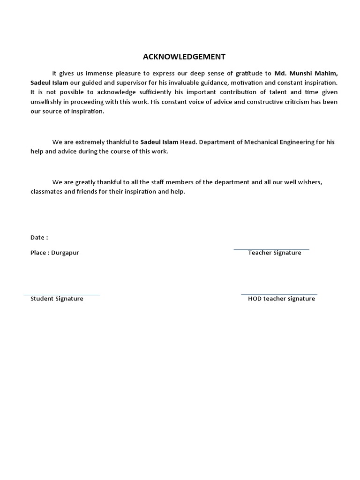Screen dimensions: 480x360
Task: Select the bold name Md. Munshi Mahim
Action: pyautogui.click(x=306, y=73)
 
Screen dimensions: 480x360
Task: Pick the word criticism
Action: pyautogui.click(x=295, y=102)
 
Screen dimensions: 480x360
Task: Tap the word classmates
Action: pyautogui.click(x=46, y=192)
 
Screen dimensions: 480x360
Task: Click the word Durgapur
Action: pyautogui.click(x=66, y=253)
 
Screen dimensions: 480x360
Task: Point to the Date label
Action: pyautogui.click(x=39, y=238)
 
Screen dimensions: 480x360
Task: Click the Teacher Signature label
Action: pyautogui.click(x=275, y=253)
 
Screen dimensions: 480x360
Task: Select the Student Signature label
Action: pyautogui.click(x=57, y=299)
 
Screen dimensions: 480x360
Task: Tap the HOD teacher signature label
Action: pyautogui.click(x=281, y=299)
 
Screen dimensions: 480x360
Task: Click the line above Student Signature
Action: pyautogui.click(x=62, y=295)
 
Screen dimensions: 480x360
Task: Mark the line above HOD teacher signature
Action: pyautogui.click(x=279, y=294)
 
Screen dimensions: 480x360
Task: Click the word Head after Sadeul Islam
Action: pyautogui.click(x=188, y=142)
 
